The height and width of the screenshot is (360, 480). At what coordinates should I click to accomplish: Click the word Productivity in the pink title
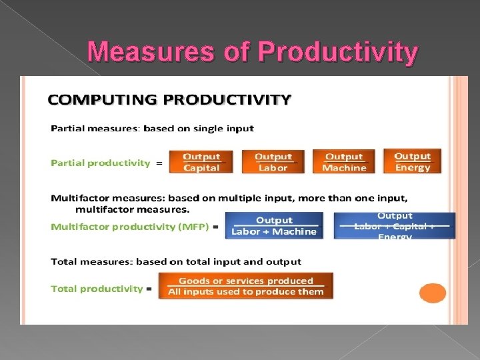coord(338,52)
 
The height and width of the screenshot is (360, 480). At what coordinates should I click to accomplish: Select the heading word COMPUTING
coord(103,100)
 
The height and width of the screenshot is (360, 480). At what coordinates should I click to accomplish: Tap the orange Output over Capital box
coord(201,162)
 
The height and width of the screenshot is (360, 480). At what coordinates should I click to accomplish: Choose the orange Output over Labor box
coord(273,162)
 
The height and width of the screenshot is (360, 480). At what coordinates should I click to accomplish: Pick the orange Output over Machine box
coord(344,162)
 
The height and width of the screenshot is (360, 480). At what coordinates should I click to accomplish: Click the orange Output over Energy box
coord(412,161)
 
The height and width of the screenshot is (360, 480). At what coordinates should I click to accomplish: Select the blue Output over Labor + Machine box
coord(273,225)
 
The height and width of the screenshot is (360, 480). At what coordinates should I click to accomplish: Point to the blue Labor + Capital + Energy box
coord(395,225)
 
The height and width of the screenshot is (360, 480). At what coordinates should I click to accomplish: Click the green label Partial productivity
coord(101,163)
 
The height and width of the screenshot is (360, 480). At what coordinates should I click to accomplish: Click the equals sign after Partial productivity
coord(159,163)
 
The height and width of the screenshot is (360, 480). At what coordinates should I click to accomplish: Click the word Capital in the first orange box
coord(201,168)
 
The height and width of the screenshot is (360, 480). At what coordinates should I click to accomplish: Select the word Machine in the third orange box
coord(344,168)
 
